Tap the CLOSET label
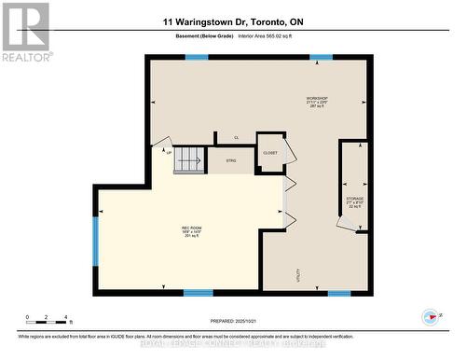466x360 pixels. (x=270, y=152)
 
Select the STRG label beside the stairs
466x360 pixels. (x=230, y=160)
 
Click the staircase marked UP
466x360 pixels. (x=189, y=159)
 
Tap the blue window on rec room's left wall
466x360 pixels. (x=95, y=240)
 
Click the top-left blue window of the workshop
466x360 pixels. (x=196, y=57)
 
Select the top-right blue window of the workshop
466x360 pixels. (x=321, y=57)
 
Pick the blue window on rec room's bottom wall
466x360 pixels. (x=198, y=293)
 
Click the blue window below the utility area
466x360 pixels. (x=339, y=293)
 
